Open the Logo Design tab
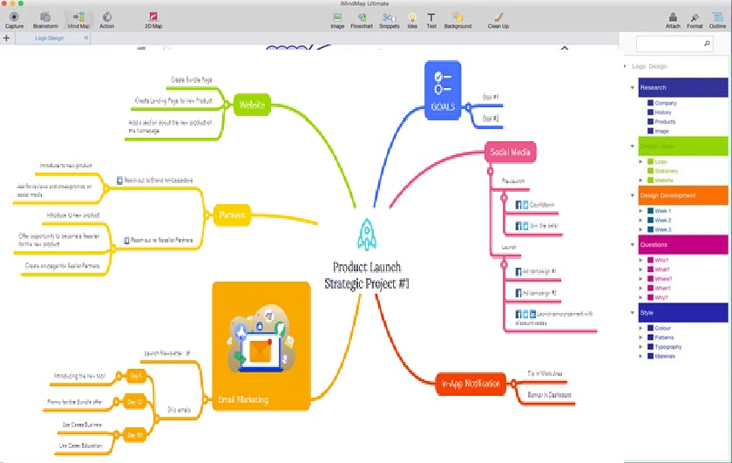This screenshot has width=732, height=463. pos(49,38)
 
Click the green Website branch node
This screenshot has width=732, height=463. pos(252,105)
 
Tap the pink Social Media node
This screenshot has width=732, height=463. pos(511,153)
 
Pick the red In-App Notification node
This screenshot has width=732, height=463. pos(471,383)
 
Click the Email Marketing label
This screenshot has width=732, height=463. pos(244,400)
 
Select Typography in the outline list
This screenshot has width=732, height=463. pos(671,346)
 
